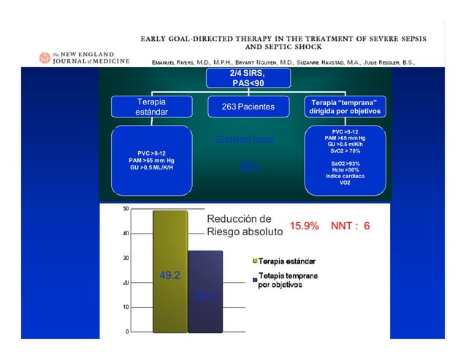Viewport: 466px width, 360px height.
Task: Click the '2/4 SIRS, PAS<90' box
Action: pos(247,78)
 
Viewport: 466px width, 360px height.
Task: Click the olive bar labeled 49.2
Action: pos(169,270)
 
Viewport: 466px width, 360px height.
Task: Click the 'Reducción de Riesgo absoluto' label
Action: pos(244,226)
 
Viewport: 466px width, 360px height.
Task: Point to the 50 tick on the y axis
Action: pos(126,209)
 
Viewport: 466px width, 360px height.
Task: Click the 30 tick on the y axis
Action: pos(126,258)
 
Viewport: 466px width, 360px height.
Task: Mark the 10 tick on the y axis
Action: pos(126,307)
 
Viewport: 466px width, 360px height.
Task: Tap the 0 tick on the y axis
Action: pos(128,332)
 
